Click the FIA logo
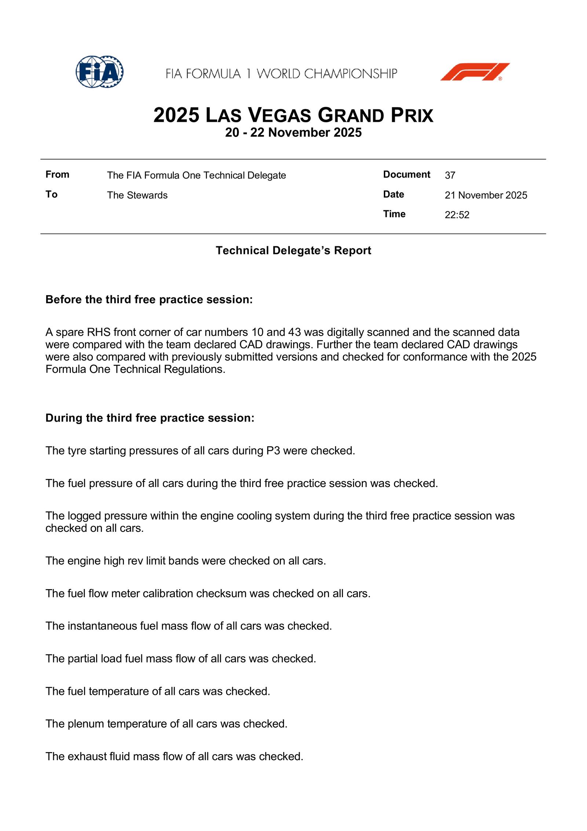pos(99,72)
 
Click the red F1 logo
pos(475,72)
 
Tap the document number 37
pos(450,175)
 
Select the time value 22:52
pos(457,215)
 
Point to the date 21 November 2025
pos(486,195)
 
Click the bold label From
pos(57,174)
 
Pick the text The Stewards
pos(137,195)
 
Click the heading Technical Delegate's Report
pos(293,250)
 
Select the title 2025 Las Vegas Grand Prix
pos(293,115)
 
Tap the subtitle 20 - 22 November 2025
pos(293,133)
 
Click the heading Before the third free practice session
pos(149,300)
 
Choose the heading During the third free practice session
pos(150,418)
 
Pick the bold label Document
pos(406,174)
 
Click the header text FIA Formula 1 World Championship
pos(281,74)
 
